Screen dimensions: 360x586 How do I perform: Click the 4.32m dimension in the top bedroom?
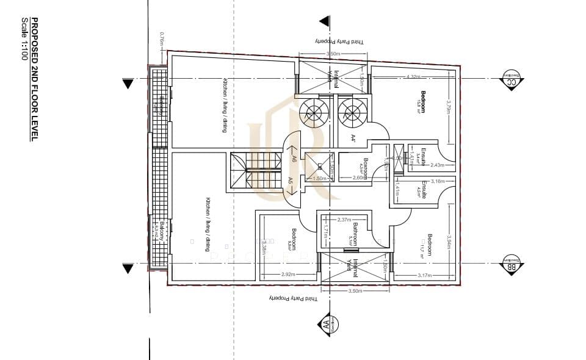click(413, 77)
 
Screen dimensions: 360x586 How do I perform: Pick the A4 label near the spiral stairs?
click(353, 139)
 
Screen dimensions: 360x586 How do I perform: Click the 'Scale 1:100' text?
click(25, 38)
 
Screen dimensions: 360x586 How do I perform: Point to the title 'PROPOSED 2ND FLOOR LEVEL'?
click(35, 79)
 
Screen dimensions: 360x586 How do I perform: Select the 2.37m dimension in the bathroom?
click(344, 220)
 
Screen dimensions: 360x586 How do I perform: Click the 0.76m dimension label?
click(163, 41)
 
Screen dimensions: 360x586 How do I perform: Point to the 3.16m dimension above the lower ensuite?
click(437, 181)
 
